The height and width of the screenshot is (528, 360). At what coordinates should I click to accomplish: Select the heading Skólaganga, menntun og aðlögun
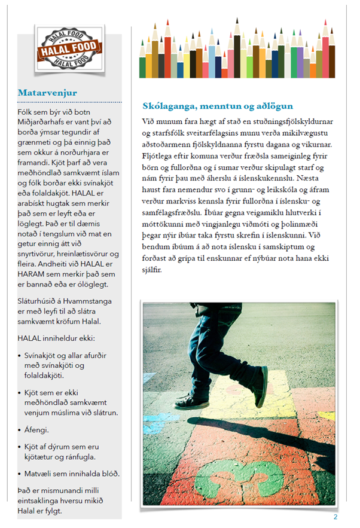point(218,106)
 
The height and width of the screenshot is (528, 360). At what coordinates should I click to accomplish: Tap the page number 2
point(335,517)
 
